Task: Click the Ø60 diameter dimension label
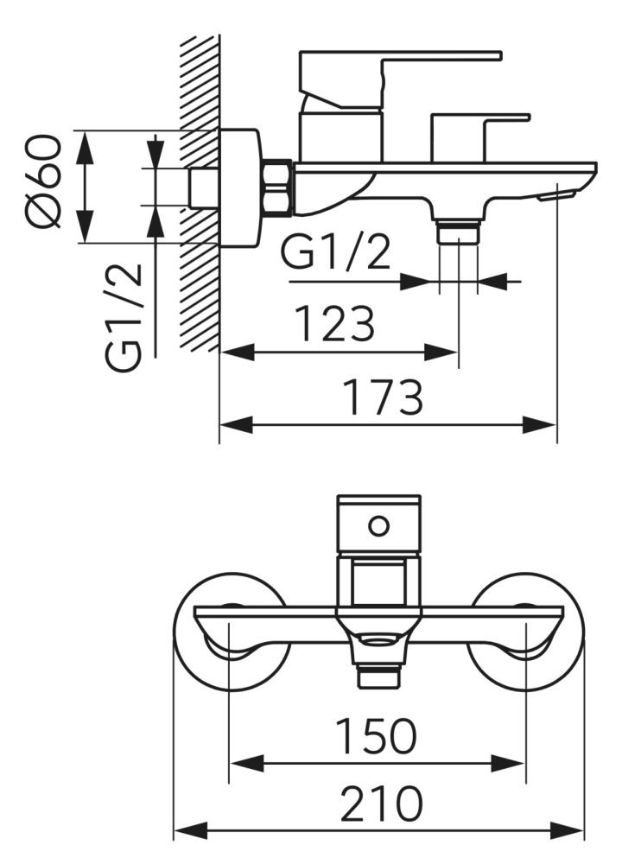coord(43,181)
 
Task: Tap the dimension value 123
coord(335,323)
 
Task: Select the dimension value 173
coord(383,397)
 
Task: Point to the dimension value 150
coord(377,735)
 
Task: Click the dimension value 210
coord(381,804)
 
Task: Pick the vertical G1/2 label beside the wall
coord(124,317)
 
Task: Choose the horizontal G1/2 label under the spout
coord(336,252)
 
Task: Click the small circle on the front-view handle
coord(378,525)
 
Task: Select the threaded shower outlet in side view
coord(458,232)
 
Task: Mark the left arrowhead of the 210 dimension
coord(191,830)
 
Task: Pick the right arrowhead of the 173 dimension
coord(539,425)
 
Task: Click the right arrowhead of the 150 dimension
coord(507,764)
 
